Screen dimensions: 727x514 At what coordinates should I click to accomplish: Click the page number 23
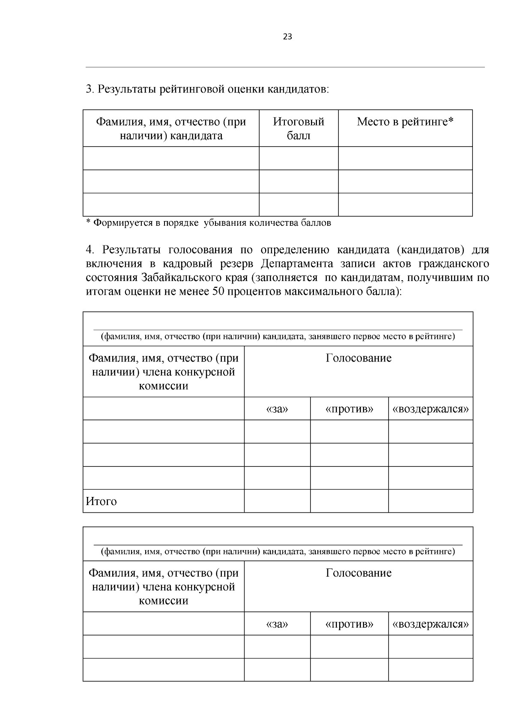[x=287, y=37]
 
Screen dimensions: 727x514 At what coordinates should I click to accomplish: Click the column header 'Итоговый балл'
[x=299, y=129]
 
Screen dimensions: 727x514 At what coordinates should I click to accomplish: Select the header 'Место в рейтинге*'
[x=405, y=122]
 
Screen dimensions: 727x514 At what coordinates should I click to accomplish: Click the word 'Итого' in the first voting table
[x=101, y=501]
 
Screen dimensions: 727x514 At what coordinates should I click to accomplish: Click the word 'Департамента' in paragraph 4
[x=296, y=263]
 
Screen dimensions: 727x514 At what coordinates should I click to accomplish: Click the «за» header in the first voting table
[x=277, y=409]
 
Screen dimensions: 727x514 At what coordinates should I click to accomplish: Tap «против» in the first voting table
[x=349, y=409]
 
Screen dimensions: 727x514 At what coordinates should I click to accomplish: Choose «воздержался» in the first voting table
[x=430, y=409]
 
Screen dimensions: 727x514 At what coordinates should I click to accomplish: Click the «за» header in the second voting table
[x=277, y=624]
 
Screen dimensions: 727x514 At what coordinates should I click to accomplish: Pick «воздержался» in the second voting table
[x=430, y=624]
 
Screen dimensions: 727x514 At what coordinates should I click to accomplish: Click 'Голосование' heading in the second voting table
[x=359, y=573]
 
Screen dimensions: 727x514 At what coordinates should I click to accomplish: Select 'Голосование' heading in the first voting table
[x=359, y=358]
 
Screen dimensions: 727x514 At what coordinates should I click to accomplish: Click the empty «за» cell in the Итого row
[x=277, y=501]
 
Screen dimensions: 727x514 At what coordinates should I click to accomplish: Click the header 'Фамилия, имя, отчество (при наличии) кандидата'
[x=171, y=129]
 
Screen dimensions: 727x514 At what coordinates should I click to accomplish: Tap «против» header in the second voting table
[x=349, y=624]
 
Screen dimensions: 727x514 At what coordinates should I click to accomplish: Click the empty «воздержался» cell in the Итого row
[x=430, y=501]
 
